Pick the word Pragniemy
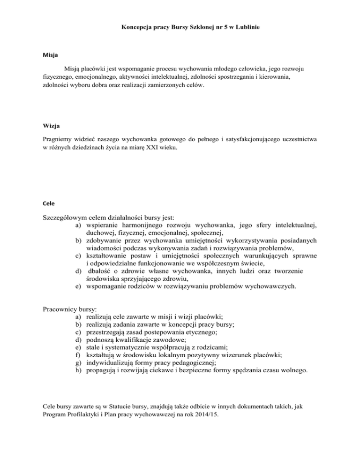pyautogui.click(x=52, y=139)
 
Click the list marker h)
pyautogui.click(x=78, y=371)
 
